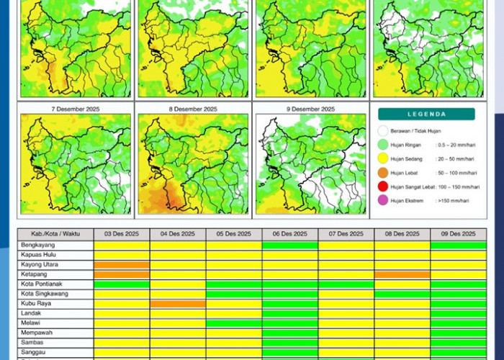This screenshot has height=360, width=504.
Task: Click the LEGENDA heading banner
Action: (426, 114)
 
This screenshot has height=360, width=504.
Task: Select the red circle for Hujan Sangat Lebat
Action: (382, 186)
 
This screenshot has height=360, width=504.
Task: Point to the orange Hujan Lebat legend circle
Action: (382, 172)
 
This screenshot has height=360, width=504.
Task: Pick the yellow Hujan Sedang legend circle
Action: (382, 158)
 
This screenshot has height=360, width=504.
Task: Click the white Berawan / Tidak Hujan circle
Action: (382, 131)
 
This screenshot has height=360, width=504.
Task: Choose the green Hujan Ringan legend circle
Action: (382, 145)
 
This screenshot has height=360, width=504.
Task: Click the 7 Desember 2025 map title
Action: (75, 109)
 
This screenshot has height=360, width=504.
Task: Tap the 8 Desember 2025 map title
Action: (192, 109)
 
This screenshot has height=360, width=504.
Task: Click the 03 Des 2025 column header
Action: (122, 234)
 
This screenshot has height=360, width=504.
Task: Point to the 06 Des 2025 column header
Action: (290, 234)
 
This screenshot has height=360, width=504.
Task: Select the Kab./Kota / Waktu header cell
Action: (55, 234)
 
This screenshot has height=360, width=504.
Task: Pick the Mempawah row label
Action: (37, 333)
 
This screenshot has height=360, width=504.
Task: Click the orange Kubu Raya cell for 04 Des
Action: (178, 303)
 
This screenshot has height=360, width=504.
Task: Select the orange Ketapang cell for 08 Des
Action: (402, 274)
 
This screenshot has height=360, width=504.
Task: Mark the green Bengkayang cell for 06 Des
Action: (290, 245)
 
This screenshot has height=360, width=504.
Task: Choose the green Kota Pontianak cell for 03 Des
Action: (122, 284)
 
